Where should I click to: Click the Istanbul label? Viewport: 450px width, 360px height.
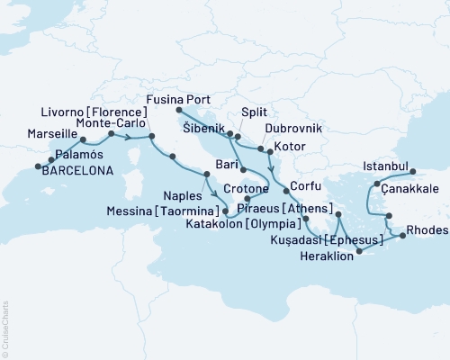click(x=385, y=166)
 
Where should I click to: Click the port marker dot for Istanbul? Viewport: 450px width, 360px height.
click(x=412, y=170)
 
